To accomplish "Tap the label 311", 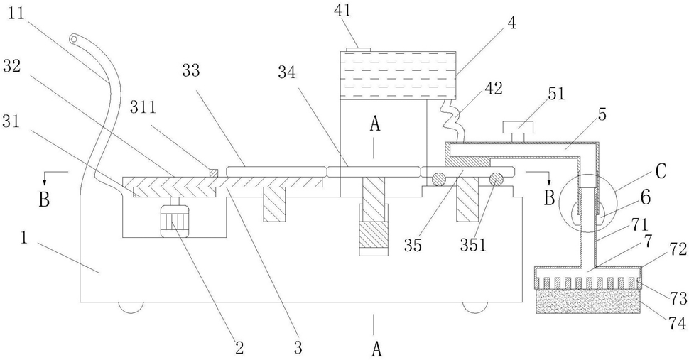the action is click(x=143, y=107).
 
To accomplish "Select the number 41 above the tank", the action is click(x=343, y=11).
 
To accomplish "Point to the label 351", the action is click(x=473, y=245).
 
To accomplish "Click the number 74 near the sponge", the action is click(x=677, y=324).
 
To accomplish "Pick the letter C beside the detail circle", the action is click(x=660, y=172).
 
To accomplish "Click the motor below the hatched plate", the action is click(x=175, y=222).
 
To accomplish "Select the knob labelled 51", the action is click(x=519, y=131).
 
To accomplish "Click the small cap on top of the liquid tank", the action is click(x=359, y=49).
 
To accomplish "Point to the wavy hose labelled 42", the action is click(x=450, y=121).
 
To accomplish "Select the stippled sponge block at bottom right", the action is click(x=588, y=301).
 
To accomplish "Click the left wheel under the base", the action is click(x=131, y=307).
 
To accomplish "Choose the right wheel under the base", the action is click(x=476, y=307).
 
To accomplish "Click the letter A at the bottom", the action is click(x=376, y=350).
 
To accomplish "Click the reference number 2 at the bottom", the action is click(x=239, y=348).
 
